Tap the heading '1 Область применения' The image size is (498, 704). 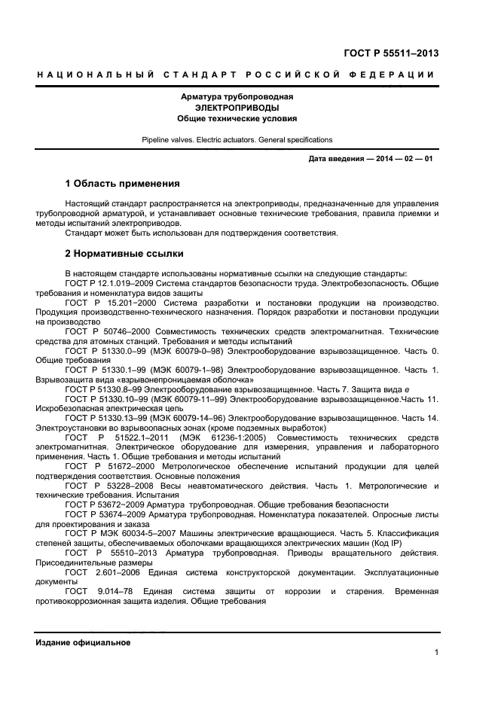[x=122, y=183]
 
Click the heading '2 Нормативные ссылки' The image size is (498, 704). [x=124, y=254]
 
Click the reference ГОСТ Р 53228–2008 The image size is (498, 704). [x=105, y=486]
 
